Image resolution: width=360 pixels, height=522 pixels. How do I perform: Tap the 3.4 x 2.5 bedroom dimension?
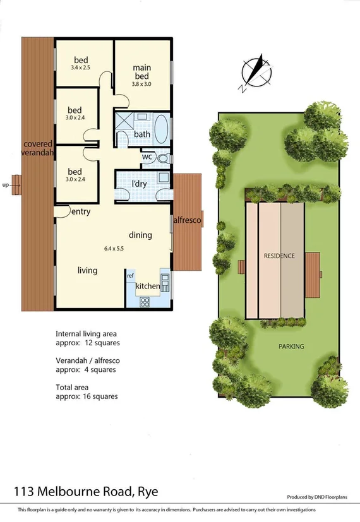tap(80, 67)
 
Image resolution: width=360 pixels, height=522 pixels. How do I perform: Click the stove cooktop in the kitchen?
tap(144, 301)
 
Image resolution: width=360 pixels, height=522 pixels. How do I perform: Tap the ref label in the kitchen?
tap(130, 276)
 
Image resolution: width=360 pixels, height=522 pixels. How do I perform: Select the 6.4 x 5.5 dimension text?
tap(113, 249)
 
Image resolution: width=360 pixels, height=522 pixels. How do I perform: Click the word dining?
tap(140, 235)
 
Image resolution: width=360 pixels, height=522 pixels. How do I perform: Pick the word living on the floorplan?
tap(87, 270)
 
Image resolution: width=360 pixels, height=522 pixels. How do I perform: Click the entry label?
tap(80, 212)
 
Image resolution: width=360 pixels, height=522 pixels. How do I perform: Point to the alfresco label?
tap(188, 220)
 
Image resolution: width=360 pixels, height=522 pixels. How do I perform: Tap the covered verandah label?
tap(36, 148)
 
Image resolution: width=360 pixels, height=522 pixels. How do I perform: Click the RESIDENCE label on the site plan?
tap(279, 256)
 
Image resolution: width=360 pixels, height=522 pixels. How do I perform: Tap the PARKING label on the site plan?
tap(291, 347)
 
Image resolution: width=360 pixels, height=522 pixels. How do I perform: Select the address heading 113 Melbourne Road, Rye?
tap(86, 491)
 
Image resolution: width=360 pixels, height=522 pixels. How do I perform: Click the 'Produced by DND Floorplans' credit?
tap(318, 497)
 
